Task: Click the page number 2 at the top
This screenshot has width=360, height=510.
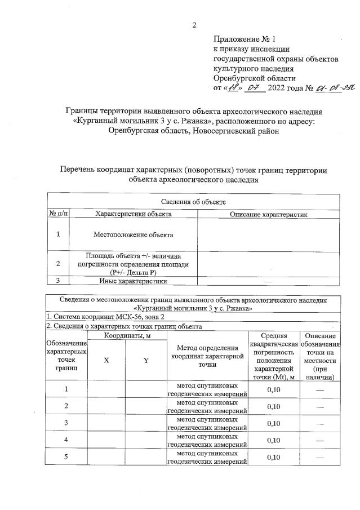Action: click(x=194, y=25)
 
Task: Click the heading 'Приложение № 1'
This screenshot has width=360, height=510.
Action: click(x=246, y=39)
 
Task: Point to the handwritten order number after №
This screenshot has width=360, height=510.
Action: click(x=330, y=87)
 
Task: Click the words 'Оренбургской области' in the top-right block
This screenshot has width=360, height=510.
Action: click(x=254, y=78)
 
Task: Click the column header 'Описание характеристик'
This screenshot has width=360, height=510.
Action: click(x=268, y=214)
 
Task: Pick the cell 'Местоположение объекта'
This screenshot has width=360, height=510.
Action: click(x=134, y=234)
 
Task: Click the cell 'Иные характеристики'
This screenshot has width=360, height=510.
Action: click(x=134, y=281)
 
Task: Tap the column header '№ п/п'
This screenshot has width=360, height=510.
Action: click(x=58, y=214)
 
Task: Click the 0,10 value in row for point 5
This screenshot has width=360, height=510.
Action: click(x=273, y=457)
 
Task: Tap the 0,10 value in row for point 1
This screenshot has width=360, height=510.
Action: click(x=273, y=389)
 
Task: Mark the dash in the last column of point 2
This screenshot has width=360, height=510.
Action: click(x=320, y=406)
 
